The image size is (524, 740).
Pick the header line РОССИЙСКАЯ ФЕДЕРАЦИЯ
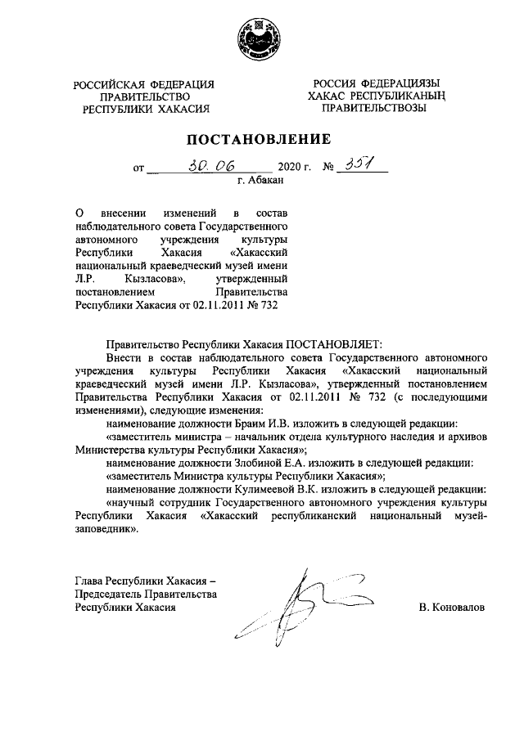[143, 84]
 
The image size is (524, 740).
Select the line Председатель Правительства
[146, 594]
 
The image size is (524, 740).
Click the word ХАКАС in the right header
[327, 96]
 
